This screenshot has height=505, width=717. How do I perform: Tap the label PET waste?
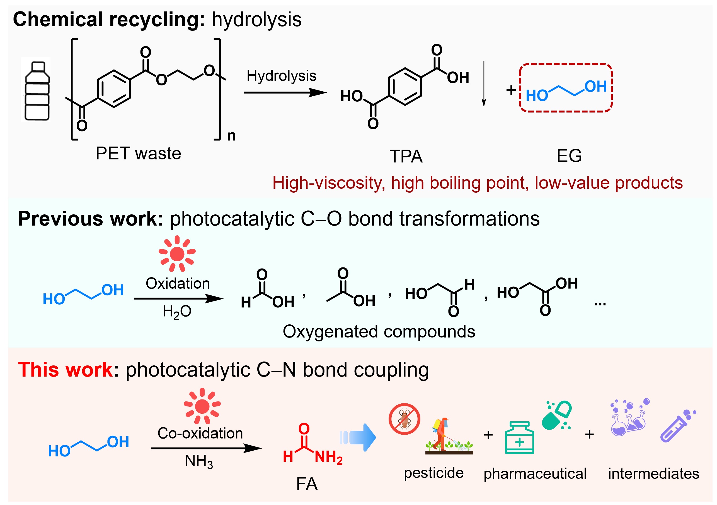pyautogui.click(x=138, y=154)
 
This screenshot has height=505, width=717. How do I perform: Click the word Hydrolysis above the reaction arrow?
pyautogui.click(x=281, y=76)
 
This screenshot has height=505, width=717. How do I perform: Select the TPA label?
pyautogui.click(x=406, y=156)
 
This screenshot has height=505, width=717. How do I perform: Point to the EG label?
pyautogui.click(x=569, y=156)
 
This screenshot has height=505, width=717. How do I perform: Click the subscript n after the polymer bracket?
pyautogui.click(x=231, y=136)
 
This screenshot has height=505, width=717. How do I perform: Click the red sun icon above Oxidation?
pyautogui.click(x=177, y=253)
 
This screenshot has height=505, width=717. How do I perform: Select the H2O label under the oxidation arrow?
pyautogui.click(x=177, y=312)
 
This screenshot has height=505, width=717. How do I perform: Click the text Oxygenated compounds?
pyautogui.click(x=379, y=331)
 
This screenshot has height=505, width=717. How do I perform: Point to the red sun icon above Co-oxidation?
pyautogui.click(x=202, y=406)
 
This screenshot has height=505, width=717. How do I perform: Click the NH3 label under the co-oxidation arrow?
pyautogui.click(x=199, y=461)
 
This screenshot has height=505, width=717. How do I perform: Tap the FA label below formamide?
pyautogui.click(x=307, y=484)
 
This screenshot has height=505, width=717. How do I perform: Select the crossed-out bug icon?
pyautogui.click(x=404, y=419)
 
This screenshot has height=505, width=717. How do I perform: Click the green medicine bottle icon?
pyautogui.click(x=519, y=438)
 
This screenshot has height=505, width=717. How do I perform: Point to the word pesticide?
pyautogui.click(x=433, y=473)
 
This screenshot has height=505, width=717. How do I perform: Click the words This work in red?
pyautogui.click(x=66, y=370)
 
